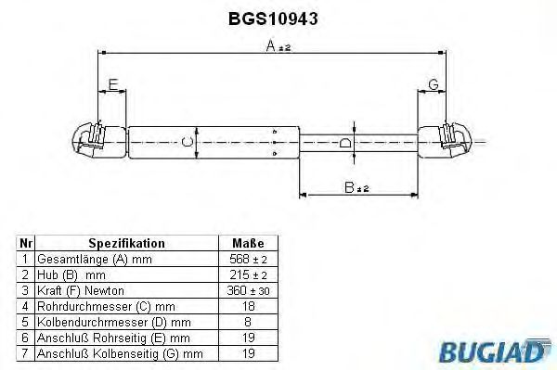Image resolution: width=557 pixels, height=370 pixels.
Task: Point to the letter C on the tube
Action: pos(187,142)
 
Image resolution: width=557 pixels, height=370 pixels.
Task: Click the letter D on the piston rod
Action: pos(345,142)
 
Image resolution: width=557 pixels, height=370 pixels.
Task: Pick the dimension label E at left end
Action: pos(111,85)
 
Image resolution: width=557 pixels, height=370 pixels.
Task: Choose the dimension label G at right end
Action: pos(433,85)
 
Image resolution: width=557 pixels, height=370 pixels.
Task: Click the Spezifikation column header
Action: pos(128,243)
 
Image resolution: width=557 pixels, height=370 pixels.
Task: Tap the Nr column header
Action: pos(26,243)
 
